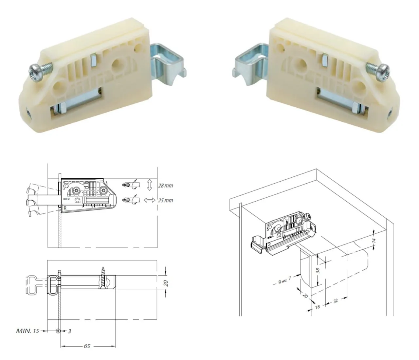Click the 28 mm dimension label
tap(165, 186)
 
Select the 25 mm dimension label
tap(165, 201)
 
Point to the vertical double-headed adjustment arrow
tap(150, 185)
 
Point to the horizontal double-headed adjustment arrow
tap(150, 200)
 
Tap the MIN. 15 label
tap(27, 331)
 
